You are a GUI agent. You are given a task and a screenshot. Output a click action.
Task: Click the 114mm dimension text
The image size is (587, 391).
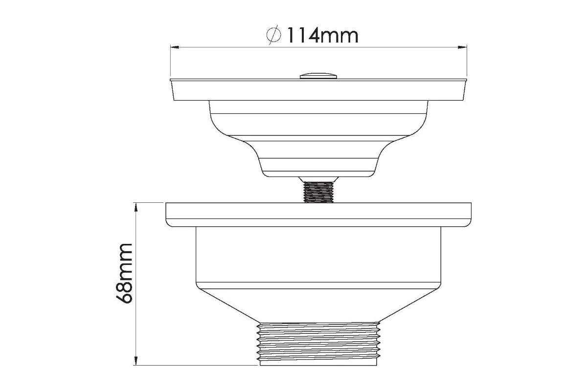click(323, 35)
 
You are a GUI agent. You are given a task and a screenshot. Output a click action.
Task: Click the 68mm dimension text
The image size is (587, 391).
click(124, 274)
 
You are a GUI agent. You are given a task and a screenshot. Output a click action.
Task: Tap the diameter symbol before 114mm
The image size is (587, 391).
click(273, 35)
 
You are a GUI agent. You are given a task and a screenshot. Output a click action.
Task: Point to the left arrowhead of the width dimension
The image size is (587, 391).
click(175, 47)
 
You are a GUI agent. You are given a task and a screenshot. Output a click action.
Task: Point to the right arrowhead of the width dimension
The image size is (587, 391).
click(462, 47)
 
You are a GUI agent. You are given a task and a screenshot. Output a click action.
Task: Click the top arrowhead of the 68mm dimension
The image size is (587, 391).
click(136, 207)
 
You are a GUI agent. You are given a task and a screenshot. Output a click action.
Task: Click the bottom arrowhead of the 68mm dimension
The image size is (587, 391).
click(136, 361)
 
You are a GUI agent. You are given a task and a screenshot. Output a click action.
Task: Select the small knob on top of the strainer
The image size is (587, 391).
click(318, 76)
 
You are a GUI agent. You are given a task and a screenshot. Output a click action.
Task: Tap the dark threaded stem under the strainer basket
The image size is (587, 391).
click(318, 192)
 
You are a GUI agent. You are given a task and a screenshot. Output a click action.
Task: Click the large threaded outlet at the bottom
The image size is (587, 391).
click(318, 344)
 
